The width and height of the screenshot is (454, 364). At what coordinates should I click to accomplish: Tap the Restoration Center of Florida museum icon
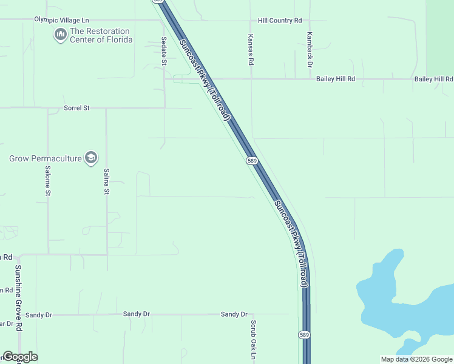coord(60,35)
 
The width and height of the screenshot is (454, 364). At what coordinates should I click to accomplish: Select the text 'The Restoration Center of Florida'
coord(101,35)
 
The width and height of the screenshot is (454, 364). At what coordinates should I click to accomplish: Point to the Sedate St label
coord(164,51)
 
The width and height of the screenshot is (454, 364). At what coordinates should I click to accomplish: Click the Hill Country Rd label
coord(279,21)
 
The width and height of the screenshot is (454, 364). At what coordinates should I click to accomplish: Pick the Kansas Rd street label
coord(250,49)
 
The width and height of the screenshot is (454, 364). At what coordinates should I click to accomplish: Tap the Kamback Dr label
coord(310,49)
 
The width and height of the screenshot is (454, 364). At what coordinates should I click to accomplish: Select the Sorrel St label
coord(76,108)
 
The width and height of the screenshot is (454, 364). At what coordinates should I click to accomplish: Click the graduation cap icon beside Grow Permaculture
coord(91,158)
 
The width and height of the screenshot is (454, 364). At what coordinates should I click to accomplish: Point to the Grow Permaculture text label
coord(45,159)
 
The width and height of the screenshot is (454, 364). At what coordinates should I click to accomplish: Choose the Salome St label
coord(47,181)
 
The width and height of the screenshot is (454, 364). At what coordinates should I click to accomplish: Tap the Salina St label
coord(106,181)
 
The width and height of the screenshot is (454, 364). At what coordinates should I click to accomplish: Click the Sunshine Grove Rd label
coord(19,298)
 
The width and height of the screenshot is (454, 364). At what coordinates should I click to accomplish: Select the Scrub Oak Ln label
coord(253,339)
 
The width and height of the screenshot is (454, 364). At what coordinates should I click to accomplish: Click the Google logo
coord(19,357)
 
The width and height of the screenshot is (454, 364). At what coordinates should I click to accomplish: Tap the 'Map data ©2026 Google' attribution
coord(416,359)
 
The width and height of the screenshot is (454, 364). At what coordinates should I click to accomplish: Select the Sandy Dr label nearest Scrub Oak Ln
coord(234,314)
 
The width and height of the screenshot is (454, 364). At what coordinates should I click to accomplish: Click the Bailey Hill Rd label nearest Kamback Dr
coord(335,79)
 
